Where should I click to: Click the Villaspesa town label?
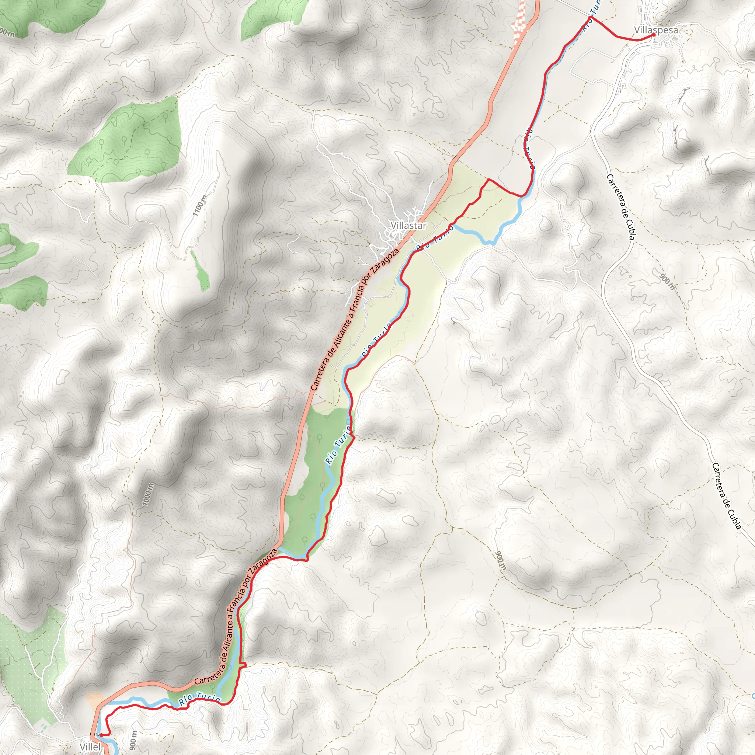pyautogui.click(x=656, y=30)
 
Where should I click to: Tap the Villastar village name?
pyautogui.click(x=408, y=226)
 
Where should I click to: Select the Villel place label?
pyautogui.click(x=90, y=747)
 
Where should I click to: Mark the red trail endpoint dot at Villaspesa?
pyautogui.click(x=654, y=35)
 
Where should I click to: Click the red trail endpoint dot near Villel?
pyautogui.click(x=101, y=735)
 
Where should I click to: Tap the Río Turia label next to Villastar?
pyautogui.click(x=434, y=238)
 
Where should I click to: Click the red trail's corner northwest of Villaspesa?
pyautogui.click(x=590, y=17)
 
